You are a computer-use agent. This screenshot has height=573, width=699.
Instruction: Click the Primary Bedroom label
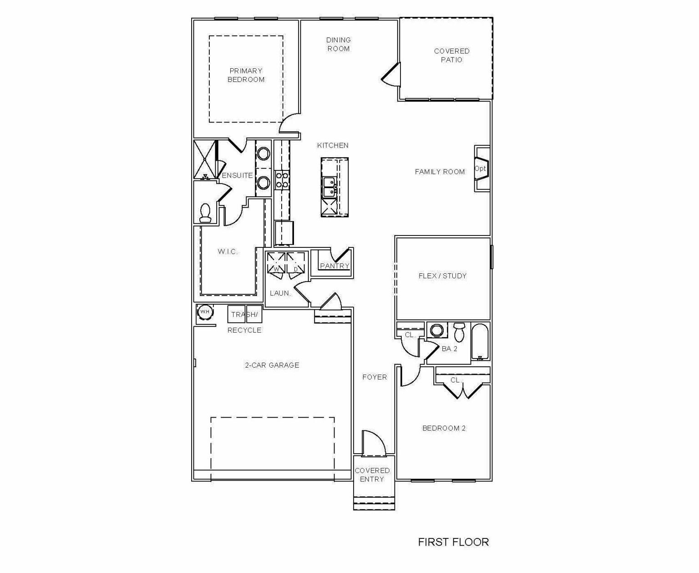[x=246, y=75]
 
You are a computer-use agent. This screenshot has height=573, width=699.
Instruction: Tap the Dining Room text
[x=339, y=44]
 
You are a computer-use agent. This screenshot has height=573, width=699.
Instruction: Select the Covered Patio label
[x=451, y=56]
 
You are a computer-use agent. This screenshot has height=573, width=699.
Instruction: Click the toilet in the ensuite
[x=205, y=213]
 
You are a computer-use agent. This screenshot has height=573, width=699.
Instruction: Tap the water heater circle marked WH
[x=205, y=312]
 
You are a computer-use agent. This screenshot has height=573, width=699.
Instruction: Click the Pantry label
[x=334, y=266]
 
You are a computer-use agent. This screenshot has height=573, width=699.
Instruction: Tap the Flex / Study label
[x=442, y=276]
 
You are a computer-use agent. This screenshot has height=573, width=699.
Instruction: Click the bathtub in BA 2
[x=480, y=342]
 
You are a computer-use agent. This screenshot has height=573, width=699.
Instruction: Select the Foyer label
[x=375, y=377]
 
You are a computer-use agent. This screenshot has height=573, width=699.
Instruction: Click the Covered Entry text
[x=372, y=475]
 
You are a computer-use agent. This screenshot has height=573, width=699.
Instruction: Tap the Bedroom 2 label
[x=444, y=428]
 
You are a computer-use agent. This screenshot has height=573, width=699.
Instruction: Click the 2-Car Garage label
[x=272, y=365]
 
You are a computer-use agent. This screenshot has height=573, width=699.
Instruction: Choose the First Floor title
[x=453, y=542]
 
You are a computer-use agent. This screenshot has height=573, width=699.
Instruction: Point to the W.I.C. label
[x=228, y=251]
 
